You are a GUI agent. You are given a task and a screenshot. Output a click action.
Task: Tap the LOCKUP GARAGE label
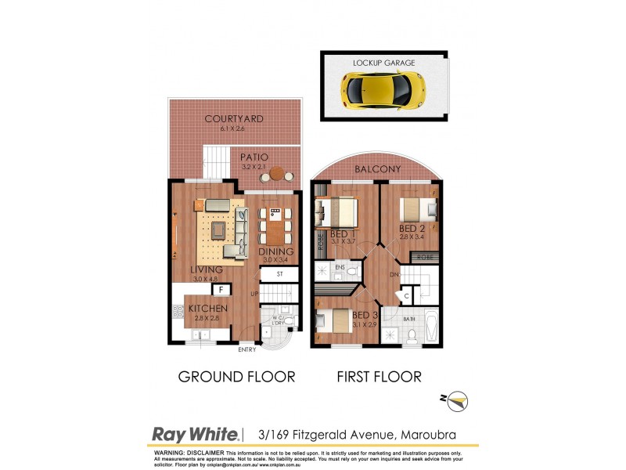[383, 63]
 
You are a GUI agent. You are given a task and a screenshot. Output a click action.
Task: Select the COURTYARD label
[233, 119]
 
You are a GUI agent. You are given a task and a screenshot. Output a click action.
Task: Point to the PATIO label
[254, 157]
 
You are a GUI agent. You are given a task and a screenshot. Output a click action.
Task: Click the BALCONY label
[377, 169]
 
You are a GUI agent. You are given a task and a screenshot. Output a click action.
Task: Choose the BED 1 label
[344, 234]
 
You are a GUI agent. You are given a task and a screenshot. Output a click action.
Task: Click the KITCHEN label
[208, 309]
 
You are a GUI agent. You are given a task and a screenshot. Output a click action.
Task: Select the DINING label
[277, 251]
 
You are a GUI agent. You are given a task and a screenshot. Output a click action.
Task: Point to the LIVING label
[207, 269]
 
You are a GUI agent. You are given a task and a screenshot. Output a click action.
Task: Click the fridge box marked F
[221, 290]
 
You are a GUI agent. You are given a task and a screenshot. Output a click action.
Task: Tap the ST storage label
[281, 274]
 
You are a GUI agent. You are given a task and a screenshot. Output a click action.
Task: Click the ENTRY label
[247, 349]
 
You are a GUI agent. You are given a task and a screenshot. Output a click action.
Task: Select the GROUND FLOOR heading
[236, 377]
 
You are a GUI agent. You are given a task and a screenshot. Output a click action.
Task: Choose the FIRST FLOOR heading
[379, 377]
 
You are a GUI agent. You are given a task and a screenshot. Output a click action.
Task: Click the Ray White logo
[195, 435]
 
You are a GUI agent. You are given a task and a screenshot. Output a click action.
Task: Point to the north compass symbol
[456, 401]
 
